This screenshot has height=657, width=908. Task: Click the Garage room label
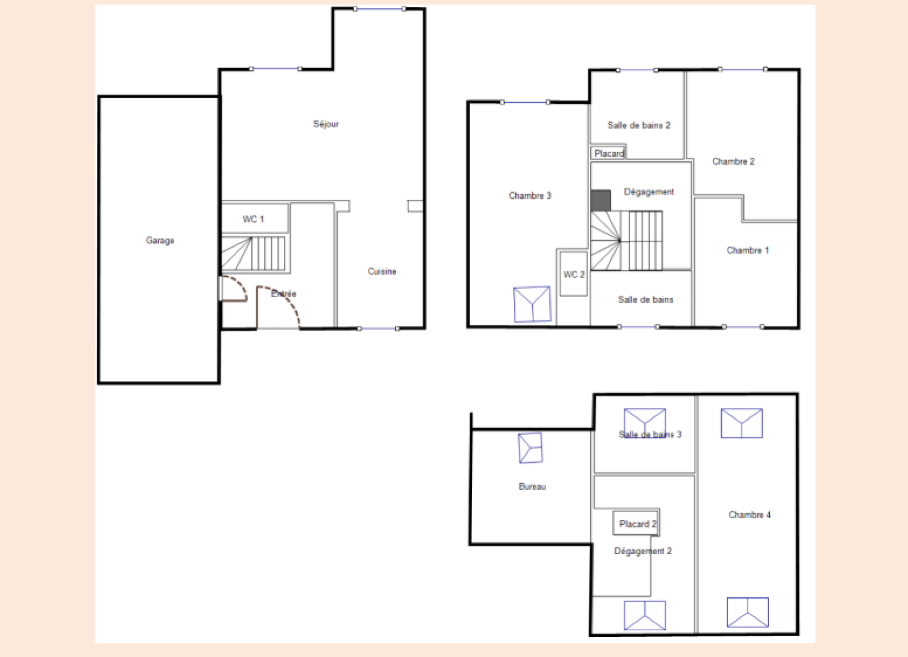point(160,241)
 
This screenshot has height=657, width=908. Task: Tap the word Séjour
point(326,124)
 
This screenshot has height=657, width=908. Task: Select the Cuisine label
point(382,271)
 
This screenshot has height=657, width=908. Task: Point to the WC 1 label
point(253,219)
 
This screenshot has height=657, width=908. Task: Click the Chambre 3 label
point(530,195)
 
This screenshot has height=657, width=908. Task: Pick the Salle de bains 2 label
point(639,125)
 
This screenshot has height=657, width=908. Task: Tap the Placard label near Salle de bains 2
point(609,153)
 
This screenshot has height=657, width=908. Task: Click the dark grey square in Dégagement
point(601,200)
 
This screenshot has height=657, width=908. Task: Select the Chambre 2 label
point(733,161)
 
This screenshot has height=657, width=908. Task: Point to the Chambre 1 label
point(747,250)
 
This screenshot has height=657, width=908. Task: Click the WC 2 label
point(574,275)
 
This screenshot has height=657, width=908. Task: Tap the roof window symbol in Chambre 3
point(532,304)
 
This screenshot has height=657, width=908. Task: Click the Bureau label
point(532,486)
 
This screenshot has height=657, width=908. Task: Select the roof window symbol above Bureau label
point(531,447)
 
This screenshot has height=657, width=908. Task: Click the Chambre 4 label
point(750,514)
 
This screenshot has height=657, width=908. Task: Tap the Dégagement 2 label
point(642,551)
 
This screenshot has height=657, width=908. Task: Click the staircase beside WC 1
point(253,253)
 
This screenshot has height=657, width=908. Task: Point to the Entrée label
point(283,293)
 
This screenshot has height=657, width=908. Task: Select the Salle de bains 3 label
point(650,434)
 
